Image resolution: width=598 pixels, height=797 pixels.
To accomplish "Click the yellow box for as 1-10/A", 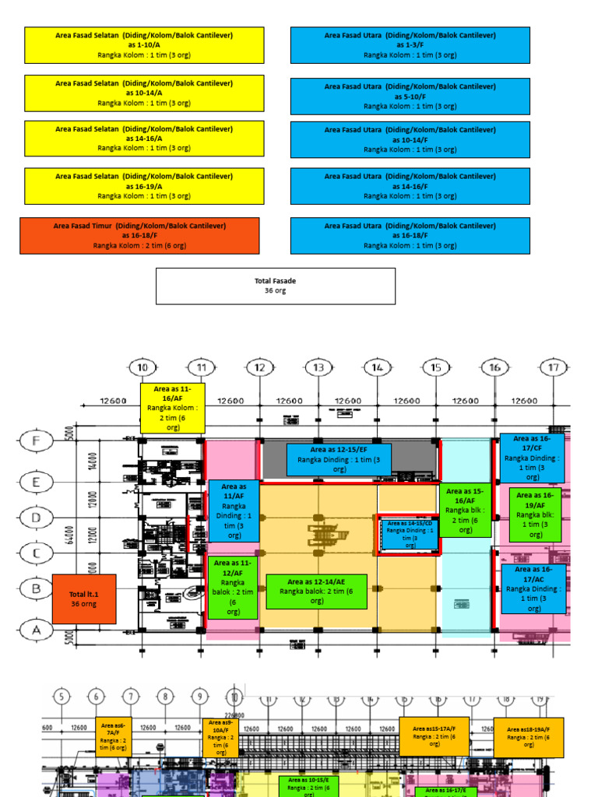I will [144, 45].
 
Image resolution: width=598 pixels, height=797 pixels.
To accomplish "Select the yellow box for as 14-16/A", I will [144, 139].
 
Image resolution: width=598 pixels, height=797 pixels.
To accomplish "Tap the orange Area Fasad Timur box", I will [139, 235].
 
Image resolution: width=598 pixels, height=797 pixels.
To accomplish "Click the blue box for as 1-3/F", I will [410, 45].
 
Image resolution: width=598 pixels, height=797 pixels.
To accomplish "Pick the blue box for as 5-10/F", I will [410, 97].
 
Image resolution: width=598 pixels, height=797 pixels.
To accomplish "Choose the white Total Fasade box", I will [276, 286].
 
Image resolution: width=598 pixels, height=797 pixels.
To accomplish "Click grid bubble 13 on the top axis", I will [318, 367].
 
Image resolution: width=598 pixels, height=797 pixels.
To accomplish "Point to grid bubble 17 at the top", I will [554, 367].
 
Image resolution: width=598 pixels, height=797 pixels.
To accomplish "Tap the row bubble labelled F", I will [36, 441].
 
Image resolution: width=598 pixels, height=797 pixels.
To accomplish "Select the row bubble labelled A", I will [36, 630].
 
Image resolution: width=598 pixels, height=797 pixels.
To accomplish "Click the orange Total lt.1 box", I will [84, 599].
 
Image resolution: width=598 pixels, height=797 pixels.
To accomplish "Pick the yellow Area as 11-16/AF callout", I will [172, 407].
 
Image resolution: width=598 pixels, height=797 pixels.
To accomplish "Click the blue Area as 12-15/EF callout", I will [339, 459].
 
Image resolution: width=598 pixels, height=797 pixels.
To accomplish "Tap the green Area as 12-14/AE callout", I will [316, 592].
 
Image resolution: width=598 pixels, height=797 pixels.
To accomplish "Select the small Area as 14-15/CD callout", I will [409, 535].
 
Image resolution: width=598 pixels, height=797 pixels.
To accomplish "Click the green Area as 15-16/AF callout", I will [465, 511].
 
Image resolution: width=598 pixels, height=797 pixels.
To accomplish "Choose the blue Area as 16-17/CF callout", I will [532, 458].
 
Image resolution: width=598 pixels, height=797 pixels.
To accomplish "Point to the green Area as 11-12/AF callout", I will [232, 587].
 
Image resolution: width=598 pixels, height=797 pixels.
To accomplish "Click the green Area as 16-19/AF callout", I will [535, 514].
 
